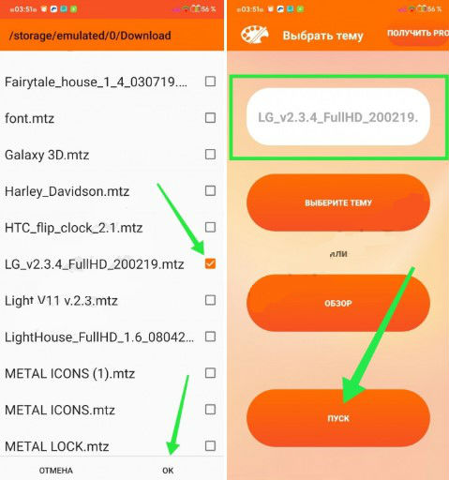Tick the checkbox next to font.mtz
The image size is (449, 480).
point(210,118)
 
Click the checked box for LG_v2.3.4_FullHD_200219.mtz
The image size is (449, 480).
point(210,263)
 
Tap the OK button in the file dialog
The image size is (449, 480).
point(168,471)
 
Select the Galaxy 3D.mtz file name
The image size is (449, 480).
point(47,155)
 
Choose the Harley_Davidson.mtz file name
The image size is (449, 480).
point(67,191)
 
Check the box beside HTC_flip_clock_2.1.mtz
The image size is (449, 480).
point(210,227)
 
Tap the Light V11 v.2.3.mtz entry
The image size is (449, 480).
point(61,301)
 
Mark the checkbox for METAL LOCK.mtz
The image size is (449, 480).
point(210,445)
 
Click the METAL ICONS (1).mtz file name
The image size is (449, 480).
point(69,373)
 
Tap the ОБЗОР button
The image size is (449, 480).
point(338,303)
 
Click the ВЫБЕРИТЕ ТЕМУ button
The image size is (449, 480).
point(338,202)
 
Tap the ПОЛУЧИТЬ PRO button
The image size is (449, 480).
point(418,33)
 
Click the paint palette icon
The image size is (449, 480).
point(254,35)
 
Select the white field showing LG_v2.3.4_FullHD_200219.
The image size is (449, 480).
point(338,117)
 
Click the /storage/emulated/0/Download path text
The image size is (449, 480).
point(90,36)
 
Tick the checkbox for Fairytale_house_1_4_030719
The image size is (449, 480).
point(210,82)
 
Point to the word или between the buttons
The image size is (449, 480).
point(338,253)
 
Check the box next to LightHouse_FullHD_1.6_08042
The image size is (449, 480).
point(210,337)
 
